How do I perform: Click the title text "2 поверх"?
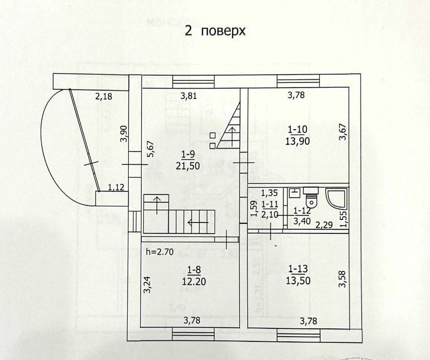tap(214, 31)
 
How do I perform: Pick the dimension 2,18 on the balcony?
tap(104, 95)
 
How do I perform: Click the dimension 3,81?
tap(189, 95)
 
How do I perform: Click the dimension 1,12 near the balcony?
tap(116, 187)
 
